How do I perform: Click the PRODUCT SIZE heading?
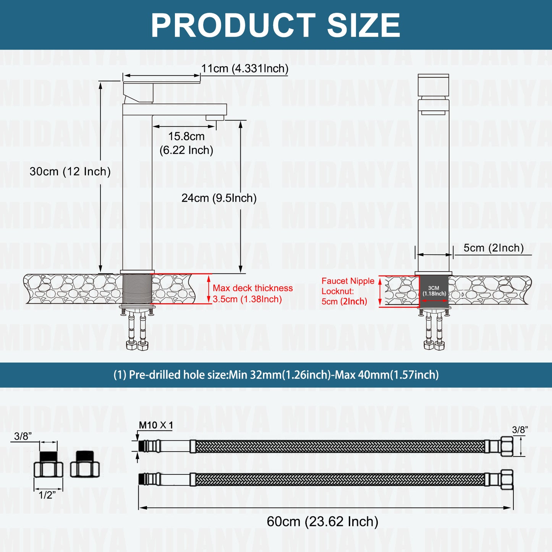pyautogui.click(x=275, y=25)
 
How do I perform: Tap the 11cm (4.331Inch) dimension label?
pyautogui.click(x=245, y=68)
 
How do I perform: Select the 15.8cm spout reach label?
pyautogui.click(x=186, y=143)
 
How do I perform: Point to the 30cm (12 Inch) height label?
pyautogui.click(x=70, y=171)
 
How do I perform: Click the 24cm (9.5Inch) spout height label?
pyautogui.click(x=219, y=198)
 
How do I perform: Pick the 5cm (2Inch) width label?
pyautogui.click(x=494, y=248)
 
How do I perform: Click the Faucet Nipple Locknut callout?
pyautogui.click(x=348, y=291)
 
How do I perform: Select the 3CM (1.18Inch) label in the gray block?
pyautogui.click(x=434, y=291)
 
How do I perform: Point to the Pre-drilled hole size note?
pyautogui.click(x=276, y=375)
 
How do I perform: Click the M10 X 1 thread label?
pyautogui.click(x=156, y=425)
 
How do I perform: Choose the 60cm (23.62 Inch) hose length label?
pyautogui.click(x=322, y=521)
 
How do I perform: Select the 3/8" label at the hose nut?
pyautogui.click(x=520, y=430)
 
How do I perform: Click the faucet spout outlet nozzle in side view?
pyautogui.click(x=215, y=118)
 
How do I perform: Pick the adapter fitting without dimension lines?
pyautogui.click(x=85, y=464)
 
